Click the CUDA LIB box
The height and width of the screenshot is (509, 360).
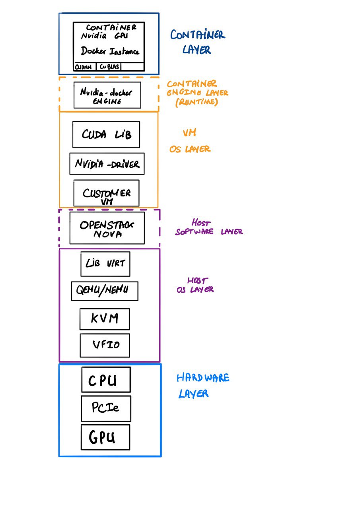point(106,134)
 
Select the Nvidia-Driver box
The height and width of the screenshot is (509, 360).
point(107,163)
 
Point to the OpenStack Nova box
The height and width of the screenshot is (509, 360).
point(107,228)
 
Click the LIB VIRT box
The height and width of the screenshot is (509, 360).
point(105,264)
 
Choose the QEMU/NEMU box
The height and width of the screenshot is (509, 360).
point(105,291)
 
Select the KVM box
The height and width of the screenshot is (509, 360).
point(104,319)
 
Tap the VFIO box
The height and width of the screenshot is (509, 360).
point(105,345)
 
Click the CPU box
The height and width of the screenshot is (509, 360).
point(105,380)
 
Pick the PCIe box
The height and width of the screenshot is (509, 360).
point(106,408)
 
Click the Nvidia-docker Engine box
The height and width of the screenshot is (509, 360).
point(107,95)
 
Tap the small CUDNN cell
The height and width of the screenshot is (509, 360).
point(84,67)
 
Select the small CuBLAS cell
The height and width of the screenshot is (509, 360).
point(109,67)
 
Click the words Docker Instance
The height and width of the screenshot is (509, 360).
point(110,51)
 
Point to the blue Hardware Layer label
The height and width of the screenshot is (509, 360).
point(203,385)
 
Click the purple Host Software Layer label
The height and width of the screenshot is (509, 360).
point(209,227)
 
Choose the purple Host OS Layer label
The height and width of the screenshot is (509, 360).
point(195,285)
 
